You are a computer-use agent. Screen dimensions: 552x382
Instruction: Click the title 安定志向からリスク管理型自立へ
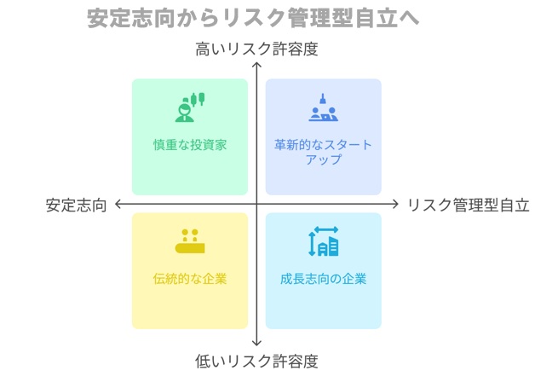253,18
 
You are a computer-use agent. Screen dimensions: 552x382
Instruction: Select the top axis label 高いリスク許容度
256,49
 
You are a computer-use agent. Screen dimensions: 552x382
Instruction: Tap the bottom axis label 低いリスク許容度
256,362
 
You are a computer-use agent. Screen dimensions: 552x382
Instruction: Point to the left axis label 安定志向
76,205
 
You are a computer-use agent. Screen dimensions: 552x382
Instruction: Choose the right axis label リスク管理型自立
469,205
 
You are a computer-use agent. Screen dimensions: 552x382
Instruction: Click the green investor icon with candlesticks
190,107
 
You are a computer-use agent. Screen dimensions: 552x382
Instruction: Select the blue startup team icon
323,107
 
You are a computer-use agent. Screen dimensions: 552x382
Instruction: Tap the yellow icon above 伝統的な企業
190,241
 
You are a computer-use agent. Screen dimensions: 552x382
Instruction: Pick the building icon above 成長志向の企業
323,241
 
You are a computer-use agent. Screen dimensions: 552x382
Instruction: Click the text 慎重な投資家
190,145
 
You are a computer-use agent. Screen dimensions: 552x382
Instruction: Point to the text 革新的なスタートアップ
323,152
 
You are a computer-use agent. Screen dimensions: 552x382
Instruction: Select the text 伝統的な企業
190,279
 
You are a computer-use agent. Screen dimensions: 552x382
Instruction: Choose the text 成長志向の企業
323,279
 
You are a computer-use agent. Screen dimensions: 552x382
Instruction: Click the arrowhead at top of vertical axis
256,63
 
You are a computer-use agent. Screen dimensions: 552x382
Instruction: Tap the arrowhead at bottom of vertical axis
256,345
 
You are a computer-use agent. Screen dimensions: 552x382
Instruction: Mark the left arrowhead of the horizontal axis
117,204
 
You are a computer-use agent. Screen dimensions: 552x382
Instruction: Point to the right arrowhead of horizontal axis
397,204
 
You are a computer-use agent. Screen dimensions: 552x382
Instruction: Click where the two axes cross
256,204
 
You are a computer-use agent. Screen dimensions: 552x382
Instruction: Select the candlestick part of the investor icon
198,100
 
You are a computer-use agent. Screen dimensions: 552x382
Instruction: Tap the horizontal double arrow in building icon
326,229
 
